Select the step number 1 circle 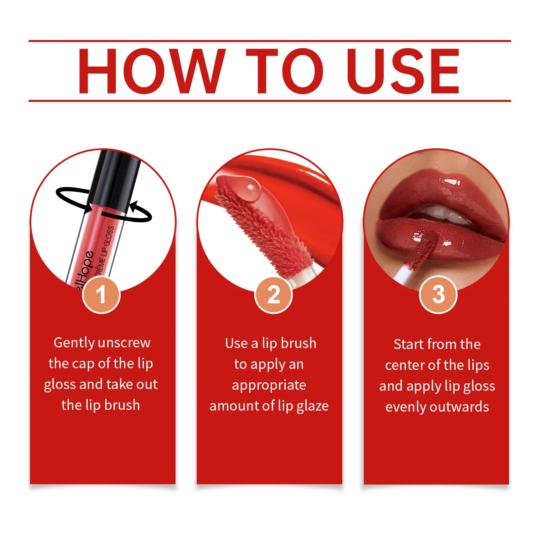pos(101,295)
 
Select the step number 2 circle pos(273,295)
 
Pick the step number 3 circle pos(438,295)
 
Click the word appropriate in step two pos(269,385)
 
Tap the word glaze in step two pos(312,406)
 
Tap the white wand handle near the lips pos(402,274)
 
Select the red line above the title pos(269,41)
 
